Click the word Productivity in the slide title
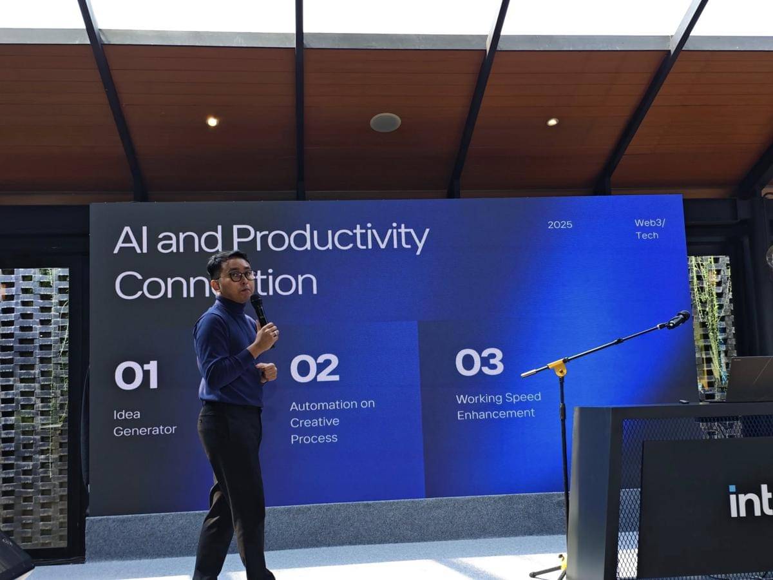[x=330, y=240]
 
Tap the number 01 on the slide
[x=136, y=375]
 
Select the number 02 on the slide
[x=314, y=368]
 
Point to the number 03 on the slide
[x=479, y=362]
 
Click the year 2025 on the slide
[x=560, y=225]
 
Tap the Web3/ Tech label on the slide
[x=649, y=229]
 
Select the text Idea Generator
[x=144, y=423]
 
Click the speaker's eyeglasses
[x=240, y=275]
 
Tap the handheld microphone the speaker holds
[x=259, y=309]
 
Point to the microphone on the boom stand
[x=678, y=319]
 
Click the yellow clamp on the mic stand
[x=558, y=368]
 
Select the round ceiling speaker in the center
[x=385, y=122]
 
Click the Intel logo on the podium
[x=750, y=501]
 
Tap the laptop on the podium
[x=749, y=380]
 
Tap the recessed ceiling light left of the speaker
[x=212, y=121]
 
